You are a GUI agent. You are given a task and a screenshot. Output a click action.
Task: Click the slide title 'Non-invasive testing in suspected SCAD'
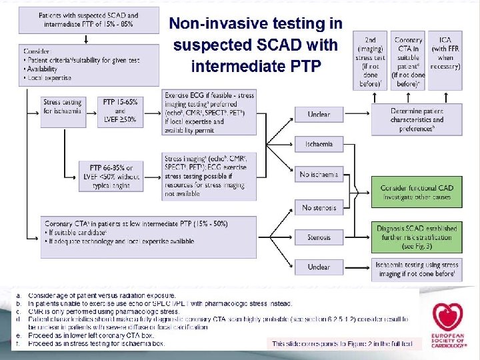click(x=255, y=45)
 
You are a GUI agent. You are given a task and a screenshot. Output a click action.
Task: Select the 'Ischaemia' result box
click(x=319, y=144)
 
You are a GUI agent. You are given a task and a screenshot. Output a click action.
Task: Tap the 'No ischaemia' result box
click(x=319, y=175)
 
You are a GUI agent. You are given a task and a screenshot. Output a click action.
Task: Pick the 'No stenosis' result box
click(x=319, y=207)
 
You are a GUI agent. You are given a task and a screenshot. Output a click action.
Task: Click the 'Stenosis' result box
click(x=319, y=237)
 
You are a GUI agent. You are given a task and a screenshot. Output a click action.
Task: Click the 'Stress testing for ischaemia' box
click(x=61, y=107)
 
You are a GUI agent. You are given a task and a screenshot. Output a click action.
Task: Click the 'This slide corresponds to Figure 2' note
click(x=343, y=344)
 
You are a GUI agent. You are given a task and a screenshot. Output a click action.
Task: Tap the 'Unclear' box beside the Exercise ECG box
click(x=319, y=114)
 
